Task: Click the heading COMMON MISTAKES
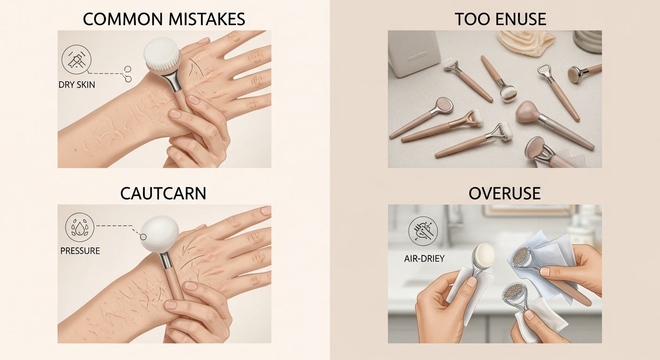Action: tap(164, 19)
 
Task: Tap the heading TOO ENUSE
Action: tap(501, 19)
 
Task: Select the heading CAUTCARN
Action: tap(163, 193)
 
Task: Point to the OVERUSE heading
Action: tap(504, 193)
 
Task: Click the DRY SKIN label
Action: tap(77, 85)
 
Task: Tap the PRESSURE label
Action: tap(80, 251)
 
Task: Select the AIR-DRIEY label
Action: tap(424, 259)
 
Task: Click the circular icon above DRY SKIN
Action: tap(76, 60)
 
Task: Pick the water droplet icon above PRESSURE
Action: tap(80, 228)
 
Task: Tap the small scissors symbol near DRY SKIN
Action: tap(127, 74)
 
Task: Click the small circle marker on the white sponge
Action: tap(143, 237)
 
